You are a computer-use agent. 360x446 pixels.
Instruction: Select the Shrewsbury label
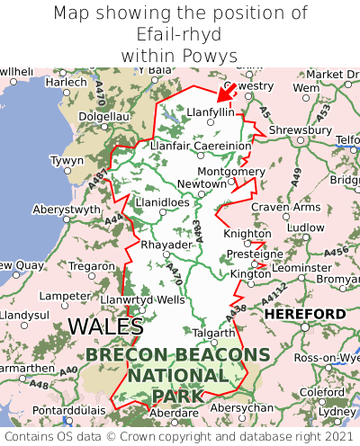[x=300, y=129]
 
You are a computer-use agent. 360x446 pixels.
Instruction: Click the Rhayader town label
[x=166, y=245]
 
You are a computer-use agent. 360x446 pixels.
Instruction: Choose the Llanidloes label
[x=162, y=203]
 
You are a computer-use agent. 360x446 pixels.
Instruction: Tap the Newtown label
[x=201, y=183]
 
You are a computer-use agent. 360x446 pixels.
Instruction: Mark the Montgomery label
[x=231, y=171]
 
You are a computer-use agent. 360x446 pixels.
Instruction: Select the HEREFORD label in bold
[x=304, y=314]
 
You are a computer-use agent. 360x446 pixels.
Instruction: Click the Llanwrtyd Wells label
[x=143, y=299]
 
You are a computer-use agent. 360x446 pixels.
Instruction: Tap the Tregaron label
[x=91, y=266]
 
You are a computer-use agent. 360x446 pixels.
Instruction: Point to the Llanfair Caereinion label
[x=201, y=145]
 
